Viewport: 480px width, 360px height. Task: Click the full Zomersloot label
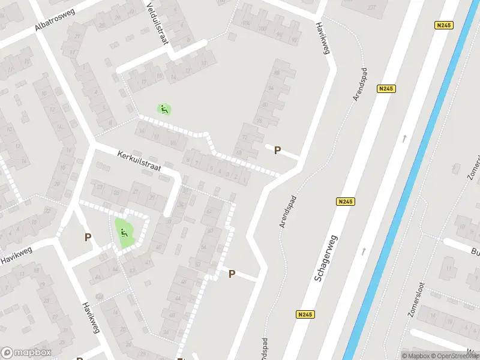coord(416,315)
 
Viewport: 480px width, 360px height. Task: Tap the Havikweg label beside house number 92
coord(323,40)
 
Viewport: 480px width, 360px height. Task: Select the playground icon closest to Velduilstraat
coord(164,109)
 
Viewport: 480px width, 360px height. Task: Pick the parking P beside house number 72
coord(277,151)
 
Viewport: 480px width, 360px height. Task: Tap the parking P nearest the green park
coord(88,238)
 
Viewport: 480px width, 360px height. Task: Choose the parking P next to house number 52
coord(232,274)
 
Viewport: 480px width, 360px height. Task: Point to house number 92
coord(293,40)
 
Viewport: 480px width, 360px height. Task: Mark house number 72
coord(245,138)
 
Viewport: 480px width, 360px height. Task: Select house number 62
coord(210,215)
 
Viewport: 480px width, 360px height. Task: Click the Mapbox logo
coord(26,353)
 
